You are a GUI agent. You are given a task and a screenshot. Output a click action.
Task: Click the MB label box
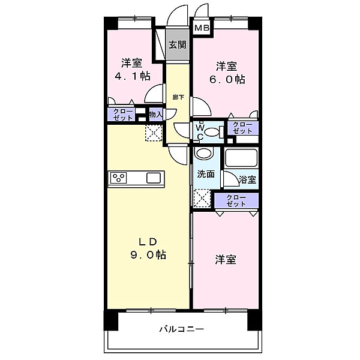(x=202, y=28)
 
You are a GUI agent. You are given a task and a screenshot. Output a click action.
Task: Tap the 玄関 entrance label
(x=177, y=44)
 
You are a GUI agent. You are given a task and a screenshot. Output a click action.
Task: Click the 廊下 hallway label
(x=178, y=97)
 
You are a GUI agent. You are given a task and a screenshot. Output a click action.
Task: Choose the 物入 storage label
(x=155, y=114)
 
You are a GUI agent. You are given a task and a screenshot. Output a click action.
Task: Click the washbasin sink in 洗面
(x=205, y=154)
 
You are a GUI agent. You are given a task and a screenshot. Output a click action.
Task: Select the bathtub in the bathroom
(x=241, y=159)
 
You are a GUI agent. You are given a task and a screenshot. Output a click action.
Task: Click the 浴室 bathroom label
(x=247, y=179)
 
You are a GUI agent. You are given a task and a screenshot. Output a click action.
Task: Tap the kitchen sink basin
(x=153, y=178)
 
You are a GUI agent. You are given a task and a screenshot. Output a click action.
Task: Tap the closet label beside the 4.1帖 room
(x=121, y=114)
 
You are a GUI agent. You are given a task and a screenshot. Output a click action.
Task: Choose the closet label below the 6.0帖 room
(x=242, y=128)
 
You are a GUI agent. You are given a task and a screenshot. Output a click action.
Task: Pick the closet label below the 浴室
(x=236, y=201)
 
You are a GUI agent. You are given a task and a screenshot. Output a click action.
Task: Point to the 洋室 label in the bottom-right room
(x=226, y=260)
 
